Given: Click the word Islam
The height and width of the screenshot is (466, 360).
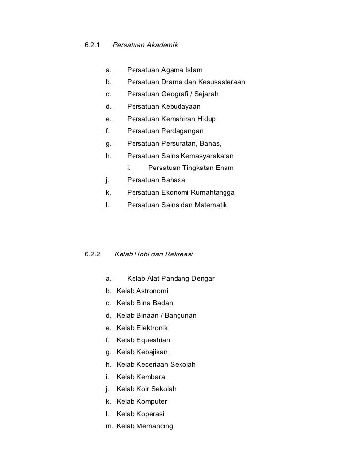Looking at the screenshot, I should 192,70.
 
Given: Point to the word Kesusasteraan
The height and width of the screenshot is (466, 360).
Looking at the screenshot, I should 220,82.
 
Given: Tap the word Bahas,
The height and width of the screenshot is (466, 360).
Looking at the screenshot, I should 210,144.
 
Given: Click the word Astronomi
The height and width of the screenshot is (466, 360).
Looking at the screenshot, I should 152,291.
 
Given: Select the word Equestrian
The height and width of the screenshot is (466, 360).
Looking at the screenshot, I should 153,340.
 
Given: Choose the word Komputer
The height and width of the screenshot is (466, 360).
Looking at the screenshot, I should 151,401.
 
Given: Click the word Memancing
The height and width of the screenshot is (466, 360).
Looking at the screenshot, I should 154,426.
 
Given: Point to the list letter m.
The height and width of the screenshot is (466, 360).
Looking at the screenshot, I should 109,426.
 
